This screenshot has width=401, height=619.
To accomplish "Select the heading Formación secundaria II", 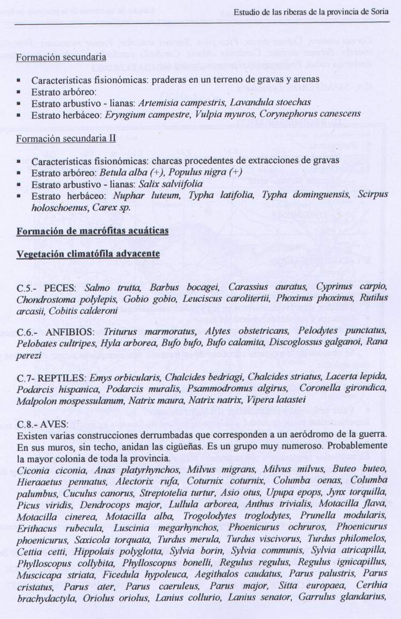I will [66, 138].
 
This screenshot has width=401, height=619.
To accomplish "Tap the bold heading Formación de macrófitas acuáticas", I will [92, 231].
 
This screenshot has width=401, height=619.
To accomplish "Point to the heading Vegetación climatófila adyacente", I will [88, 253].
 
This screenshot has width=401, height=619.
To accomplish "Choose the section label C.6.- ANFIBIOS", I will [56, 331].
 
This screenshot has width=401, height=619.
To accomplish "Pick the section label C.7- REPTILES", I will [51, 377].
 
